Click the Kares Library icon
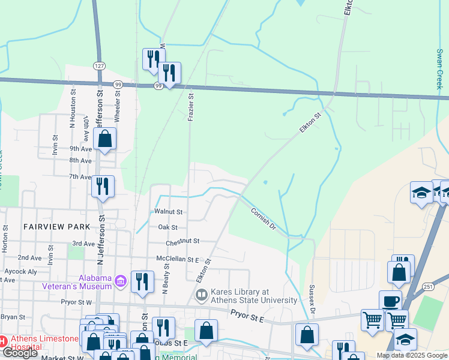tap(202, 295)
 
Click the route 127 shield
tap(99, 65)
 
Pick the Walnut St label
tap(168, 212)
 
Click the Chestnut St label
tap(182, 241)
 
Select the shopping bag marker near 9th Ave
tap(104, 139)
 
